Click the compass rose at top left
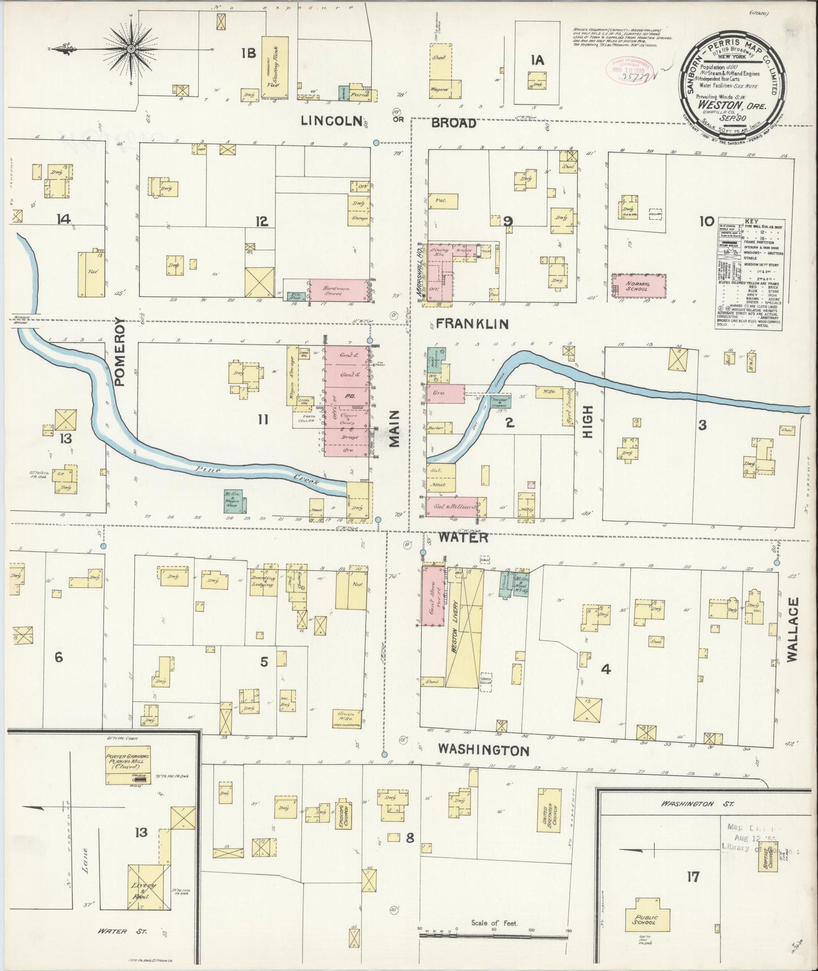click(131, 49)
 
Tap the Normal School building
click(638, 285)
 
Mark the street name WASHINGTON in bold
click(484, 750)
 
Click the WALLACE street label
click(791, 629)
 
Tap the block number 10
click(706, 222)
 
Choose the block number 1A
click(537, 60)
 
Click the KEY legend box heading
click(751, 222)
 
